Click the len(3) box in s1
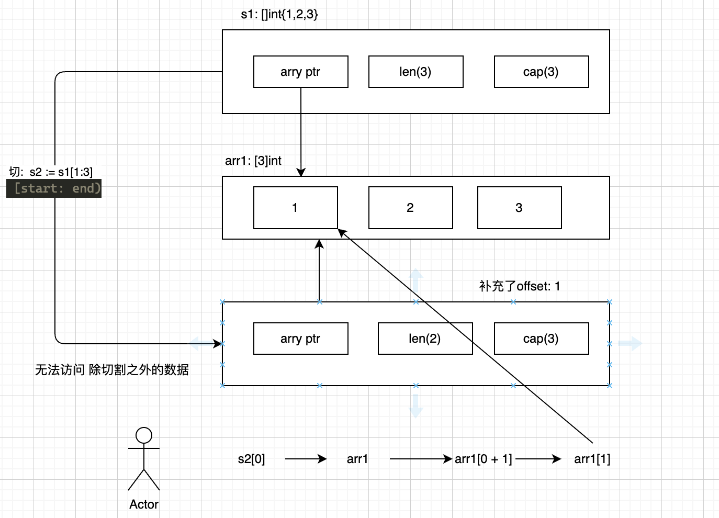(x=415, y=72)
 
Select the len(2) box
(x=425, y=339)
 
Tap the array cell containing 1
(x=295, y=208)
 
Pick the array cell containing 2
(x=410, y=208)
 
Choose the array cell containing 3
(x=519, y=208)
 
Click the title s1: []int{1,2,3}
(x=279, y=14)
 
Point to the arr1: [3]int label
(x=253, y=161)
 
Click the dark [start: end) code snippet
(x=54, y=188)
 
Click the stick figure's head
(x=144, y=435)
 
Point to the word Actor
(x=144, y=504)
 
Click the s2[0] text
(x=251, y=459)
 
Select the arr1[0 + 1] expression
(x=483, y=459)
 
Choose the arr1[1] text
(x=592, y=459)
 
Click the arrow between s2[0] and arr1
(x=306, y=459)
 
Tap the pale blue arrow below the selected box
(x=416, y=405)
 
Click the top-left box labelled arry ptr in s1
(x=300, y=72)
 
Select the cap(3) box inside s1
(x=541, y=72)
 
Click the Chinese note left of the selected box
(x=111, y=370)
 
